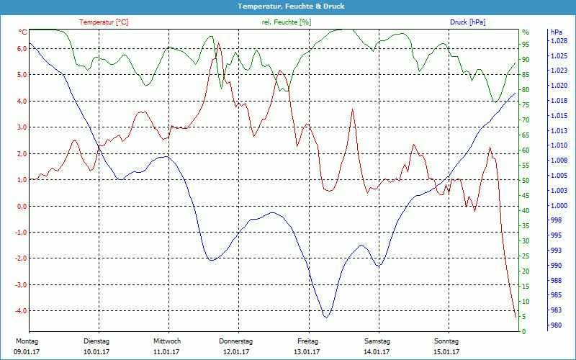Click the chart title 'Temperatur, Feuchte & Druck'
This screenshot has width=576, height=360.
pos(288,6)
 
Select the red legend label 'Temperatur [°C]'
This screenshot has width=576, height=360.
pos(104,22)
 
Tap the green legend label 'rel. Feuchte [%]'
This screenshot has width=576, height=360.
pos(287,22)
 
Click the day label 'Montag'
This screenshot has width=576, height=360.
pos(26,341)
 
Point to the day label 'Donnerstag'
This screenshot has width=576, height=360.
pos(235,341)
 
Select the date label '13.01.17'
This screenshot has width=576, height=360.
pos(307,352)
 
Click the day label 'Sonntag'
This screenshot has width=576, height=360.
pos(446,341)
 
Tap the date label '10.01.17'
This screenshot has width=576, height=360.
pos(96,352)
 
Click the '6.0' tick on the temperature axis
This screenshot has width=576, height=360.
pos(22,48)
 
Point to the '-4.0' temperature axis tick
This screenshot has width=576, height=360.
pos(20,311)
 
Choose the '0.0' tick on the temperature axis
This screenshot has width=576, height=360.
pos(22,206)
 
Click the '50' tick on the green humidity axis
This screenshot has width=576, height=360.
pos(526,180)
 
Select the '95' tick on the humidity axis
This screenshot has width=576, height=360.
pos(526,45)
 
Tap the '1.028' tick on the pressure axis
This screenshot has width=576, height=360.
pos(558,41)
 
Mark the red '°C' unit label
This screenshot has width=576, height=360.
pos(23,32)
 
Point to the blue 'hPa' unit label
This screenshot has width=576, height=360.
pos(556,32)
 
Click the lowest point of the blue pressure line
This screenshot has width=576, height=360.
pos(326,317)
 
